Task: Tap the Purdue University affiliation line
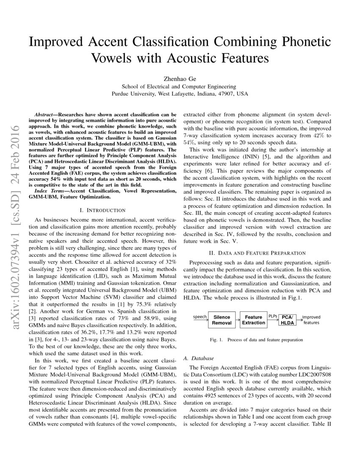click(180, 94)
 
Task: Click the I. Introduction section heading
click(102, 210)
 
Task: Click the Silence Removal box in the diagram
click(222, 320)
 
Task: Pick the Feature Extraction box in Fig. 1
click(253, 320)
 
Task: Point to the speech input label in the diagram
click(199, 317)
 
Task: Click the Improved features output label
click(311, 320)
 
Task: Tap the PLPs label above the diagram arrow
click(273, 316)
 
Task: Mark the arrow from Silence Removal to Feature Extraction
click(237, 320)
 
